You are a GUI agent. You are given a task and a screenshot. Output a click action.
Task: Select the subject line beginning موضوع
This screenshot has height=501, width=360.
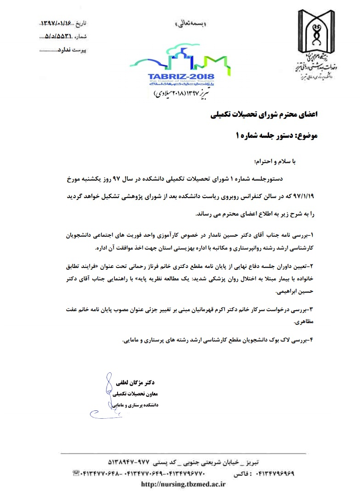coord(276,136)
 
